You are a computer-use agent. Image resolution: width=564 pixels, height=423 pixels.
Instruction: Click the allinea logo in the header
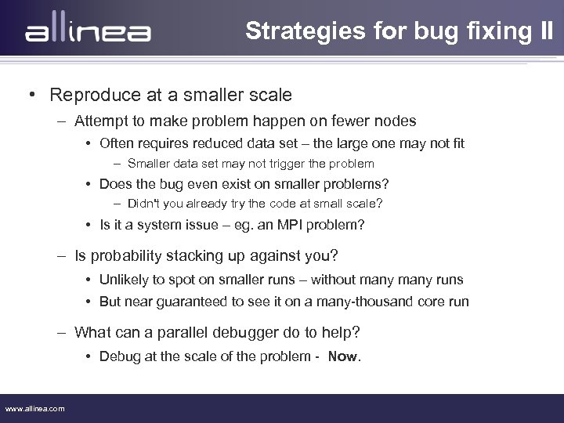[x=88, y=33]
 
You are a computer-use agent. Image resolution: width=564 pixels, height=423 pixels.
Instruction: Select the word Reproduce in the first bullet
[x=91, y=96]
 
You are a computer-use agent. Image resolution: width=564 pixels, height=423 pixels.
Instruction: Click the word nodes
[x=396, y=121]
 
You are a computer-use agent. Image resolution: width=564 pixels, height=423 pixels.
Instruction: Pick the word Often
[x=117, y=143]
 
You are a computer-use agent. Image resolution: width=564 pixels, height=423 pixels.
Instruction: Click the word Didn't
[x=143, y=204]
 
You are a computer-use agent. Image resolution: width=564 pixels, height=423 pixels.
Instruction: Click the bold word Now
[x=342, y=356]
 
